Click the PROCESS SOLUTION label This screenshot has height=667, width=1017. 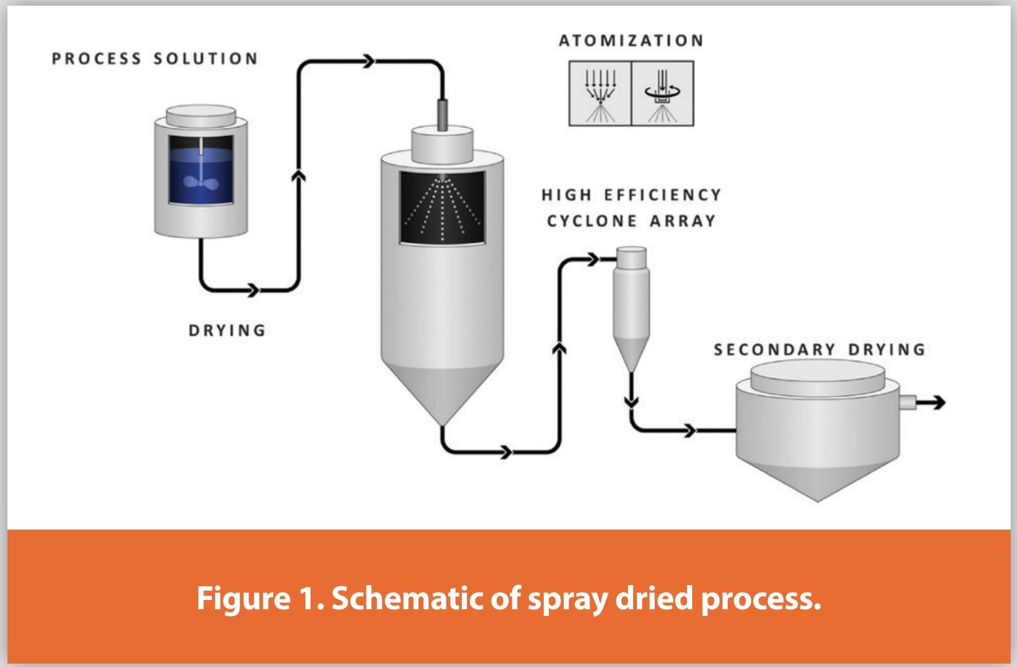(155, 59)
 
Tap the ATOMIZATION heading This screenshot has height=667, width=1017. (631, 41)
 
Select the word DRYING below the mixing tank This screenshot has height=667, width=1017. (227, 330)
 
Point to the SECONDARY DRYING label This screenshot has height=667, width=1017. (819, 349)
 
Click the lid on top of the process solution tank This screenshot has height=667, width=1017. (201, 115)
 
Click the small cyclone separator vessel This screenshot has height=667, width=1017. (631, 303)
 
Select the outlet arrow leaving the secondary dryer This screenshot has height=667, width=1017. (931, 403)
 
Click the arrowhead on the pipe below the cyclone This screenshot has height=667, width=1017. (631, 401)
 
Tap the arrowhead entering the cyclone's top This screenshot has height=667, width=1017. (594, 260)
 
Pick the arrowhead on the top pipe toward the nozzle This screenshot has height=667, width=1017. (368, 61)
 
